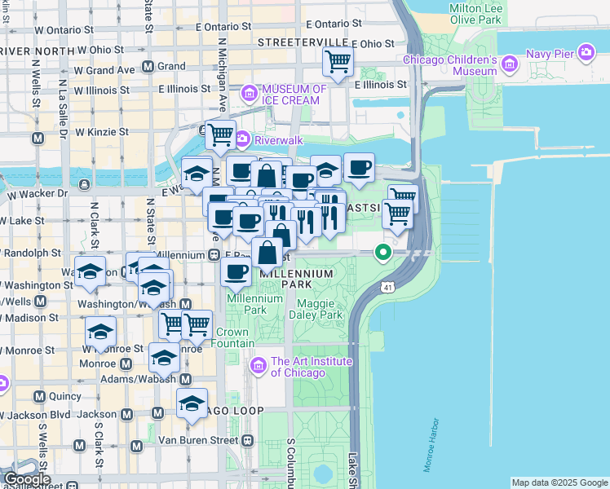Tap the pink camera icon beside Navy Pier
pyautogui.click(x=586, y=54)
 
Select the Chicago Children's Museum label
pyautogui.click(x=450, y=66)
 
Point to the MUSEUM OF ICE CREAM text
pyautogui.click(x=294, y=94)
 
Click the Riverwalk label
pyautogui.click(x=278, y=139)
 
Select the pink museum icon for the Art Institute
pyautogui.click(x=259, y=366)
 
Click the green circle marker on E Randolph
pyautogui.click(x=381, y=253)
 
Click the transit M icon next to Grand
pyautogui.click(x=148, y=66)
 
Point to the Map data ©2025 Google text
pyautogui.click(x=559, y=482)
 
